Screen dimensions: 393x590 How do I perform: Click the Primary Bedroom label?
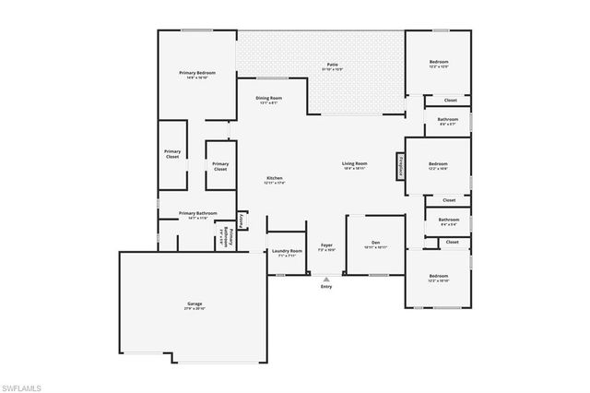tap(197, 73)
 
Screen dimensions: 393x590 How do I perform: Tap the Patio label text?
tap(332, 65)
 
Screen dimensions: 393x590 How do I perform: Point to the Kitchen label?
tap(275, 178)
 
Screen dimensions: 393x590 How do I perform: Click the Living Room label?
tap(356, 164)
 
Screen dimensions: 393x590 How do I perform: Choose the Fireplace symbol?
tap(401, 167)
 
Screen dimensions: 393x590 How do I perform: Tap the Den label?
tap(375, 244)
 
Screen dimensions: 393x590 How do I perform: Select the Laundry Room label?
tap(284, 252)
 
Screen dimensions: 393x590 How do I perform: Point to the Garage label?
tap(195, 303)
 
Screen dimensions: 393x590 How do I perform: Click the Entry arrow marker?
tap(325, 280)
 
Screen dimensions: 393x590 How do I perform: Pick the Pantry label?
tap(241, 220)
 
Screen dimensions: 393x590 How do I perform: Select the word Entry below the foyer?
tap(325, 287)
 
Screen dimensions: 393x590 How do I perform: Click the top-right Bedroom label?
tap(438, 63)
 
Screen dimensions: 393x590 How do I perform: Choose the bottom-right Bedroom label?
tap(438, 276)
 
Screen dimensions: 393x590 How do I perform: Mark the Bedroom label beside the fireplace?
tap(438, 165)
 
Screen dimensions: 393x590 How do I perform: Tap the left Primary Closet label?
tap(172, 154)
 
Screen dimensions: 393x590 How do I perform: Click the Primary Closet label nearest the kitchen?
tap(220, 166)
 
